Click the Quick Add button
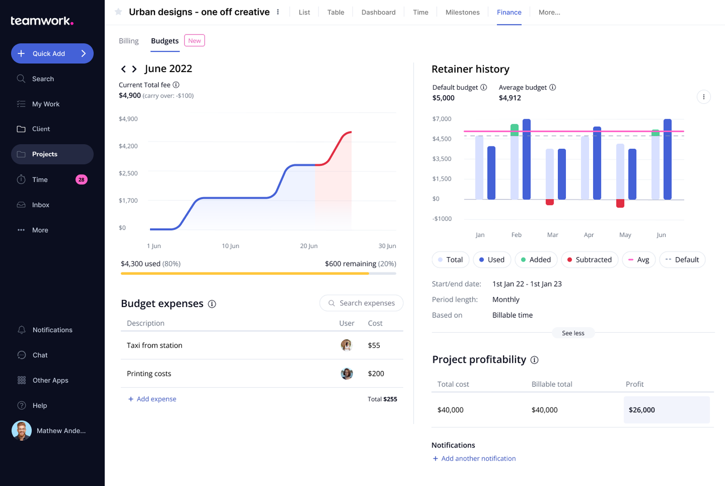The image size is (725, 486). (x=52, y=53)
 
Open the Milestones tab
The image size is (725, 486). (x=462, y=12)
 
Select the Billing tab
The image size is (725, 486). (x=129, y=41)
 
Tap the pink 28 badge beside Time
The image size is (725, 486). (x=81, y=180)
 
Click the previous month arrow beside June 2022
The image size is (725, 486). (x=123, y=69)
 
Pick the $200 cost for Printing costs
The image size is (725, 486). (x=376, y=374)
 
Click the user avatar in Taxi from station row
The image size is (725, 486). (x=346, y=345)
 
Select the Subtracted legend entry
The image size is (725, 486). (x=589, y=260)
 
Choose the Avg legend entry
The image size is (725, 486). (x=638, y=260)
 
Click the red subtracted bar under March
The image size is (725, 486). (x=550, y=202)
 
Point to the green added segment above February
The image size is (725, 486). (x=514, y=130)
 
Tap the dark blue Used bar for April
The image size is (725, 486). (x=597, y=163)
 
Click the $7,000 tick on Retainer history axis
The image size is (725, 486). (x=442, y=119)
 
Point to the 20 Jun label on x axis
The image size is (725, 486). (x=309, y=246)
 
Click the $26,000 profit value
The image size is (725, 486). (x=642, y=410)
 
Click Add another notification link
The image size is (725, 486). (x=478, y=458)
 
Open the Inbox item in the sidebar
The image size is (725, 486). (x=40, y=205)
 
